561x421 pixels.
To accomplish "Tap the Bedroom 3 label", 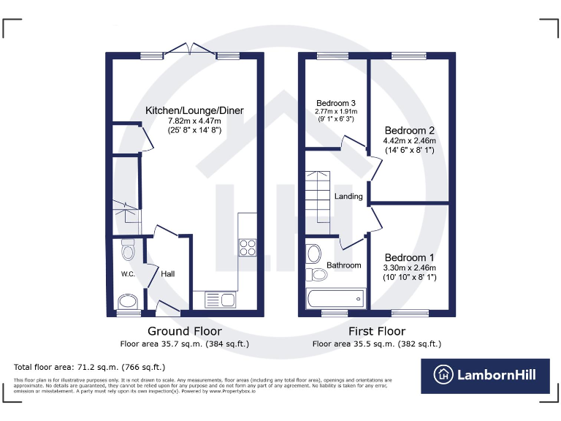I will [x=336, y=103].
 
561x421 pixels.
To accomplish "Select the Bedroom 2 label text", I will [x=410, y=129].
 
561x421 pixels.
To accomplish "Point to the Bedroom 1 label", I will [x=410, y=258].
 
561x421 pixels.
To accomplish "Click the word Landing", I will [x=348, y=197].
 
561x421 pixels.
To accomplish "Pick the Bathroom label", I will [x=344, y=265].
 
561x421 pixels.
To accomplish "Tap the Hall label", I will [x=168, y=274].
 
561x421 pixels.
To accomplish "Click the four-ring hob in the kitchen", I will [x=247, y=247].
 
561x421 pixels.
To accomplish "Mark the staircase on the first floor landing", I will [x=319, y=193].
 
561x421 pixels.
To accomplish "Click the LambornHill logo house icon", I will [x=442, y=375].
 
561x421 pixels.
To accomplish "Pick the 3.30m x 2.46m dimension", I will [x=410, y=268].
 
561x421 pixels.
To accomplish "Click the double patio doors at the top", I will [x=190, y=51].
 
